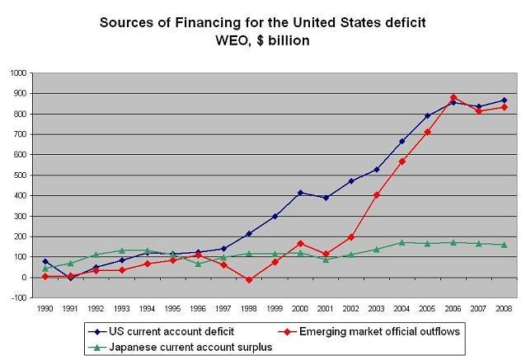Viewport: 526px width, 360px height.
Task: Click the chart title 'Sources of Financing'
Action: point(263,22)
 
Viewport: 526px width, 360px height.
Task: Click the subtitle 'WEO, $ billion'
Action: point(263,39)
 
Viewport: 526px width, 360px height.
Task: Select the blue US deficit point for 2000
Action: point(302,193)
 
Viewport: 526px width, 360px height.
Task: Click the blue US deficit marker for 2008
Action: point(503,101)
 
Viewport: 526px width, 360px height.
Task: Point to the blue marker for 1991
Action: point(70,278)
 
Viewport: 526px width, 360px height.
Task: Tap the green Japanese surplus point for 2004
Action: point(402,242)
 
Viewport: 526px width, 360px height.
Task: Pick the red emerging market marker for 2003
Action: point(377,195)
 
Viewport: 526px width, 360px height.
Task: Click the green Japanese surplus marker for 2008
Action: point(503,245)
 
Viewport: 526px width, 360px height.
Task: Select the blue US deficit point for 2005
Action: point(427,116)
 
